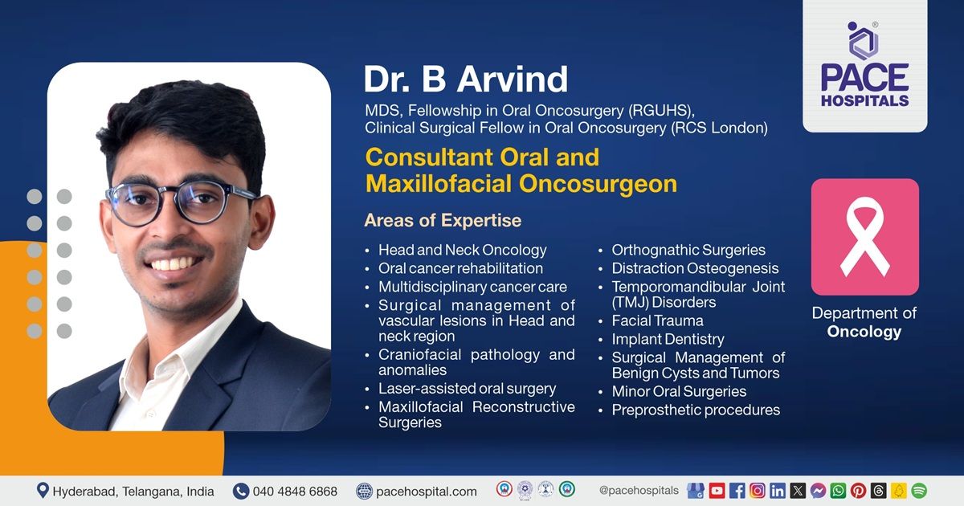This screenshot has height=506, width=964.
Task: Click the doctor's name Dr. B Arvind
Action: tap(466, 80)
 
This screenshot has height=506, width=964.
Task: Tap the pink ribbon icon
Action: tap(864, 237)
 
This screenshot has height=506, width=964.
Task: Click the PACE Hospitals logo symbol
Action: tap(864, 41)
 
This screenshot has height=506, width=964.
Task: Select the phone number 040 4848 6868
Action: tap(295, 491)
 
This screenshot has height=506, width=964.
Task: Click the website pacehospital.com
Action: tap(426, 491)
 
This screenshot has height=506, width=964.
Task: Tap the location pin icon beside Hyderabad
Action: tap(43, 490)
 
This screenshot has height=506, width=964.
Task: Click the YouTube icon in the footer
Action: tap(717, 490)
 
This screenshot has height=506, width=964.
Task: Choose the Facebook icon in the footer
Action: tap(737, 490)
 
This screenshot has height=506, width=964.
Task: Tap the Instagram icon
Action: tap(757, 490)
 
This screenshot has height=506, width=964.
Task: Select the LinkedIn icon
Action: tap(777, 490)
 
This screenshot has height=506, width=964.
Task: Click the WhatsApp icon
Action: tap(838, 490)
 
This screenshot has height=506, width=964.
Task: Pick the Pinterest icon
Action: tap(858, 490)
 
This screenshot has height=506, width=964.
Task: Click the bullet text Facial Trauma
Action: tap(657, 320)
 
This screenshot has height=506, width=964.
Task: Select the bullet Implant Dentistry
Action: tap(668, 339)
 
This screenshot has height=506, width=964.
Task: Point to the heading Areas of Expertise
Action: tap(443, 220)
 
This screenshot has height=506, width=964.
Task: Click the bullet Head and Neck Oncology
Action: tap(462, 250)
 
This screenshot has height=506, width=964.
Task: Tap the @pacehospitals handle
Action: tap(639, 490)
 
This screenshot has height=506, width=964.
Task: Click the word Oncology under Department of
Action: tap(864, 332)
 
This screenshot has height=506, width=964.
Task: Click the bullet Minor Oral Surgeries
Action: tap(679, 391)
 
